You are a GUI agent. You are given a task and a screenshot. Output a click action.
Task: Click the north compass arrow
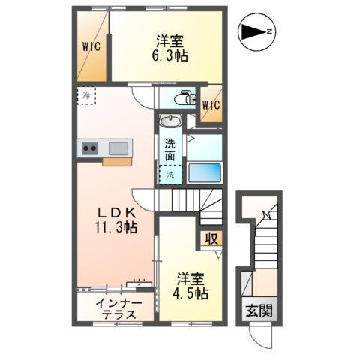tap(257, 31)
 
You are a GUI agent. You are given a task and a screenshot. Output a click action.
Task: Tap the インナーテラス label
tap(116, 308)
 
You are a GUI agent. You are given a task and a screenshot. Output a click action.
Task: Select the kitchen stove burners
tap(90, 148)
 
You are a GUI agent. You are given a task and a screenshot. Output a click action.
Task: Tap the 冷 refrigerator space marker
tap(86, 95)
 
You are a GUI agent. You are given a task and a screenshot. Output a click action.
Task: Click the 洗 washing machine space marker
tap(169, 175)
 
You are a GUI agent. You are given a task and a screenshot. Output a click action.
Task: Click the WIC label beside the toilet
tap(210, 105)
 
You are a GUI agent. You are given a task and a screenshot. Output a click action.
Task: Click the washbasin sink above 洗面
tap(169, 122)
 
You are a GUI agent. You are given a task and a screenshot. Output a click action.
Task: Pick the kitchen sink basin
tap(118, 148)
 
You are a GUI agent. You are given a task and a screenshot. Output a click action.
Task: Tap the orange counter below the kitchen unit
tap(116, 161)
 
